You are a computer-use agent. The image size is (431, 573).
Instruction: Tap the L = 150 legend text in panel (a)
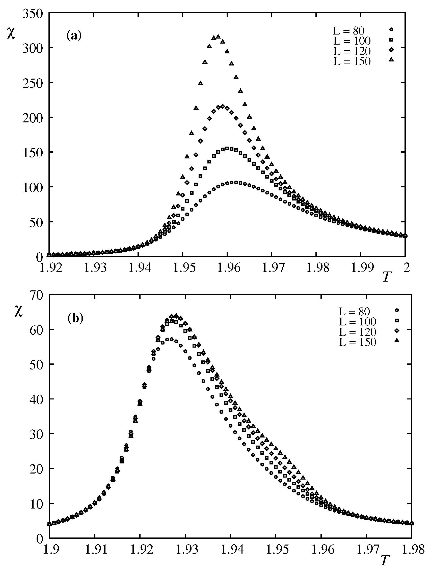pos(352,61)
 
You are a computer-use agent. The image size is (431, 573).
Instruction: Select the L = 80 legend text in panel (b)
pos(354,312)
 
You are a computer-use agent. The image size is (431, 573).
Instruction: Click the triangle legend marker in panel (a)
pos(391,60)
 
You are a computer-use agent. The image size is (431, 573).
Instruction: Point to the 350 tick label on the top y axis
pos(33,13)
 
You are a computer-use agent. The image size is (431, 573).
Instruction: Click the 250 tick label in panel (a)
pos(33,83)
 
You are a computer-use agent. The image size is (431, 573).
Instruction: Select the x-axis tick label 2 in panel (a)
pos(407,268)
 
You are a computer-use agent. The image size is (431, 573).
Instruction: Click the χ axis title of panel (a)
pos(11,34)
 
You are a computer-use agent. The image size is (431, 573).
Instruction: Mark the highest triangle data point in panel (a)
pos(218,37)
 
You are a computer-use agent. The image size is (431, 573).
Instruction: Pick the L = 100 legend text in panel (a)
pos(352,41)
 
